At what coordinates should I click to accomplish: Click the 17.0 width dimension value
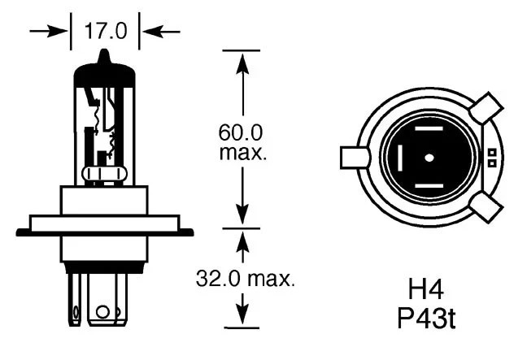tap(106, 31)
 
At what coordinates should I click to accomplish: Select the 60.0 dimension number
tap(241, 132)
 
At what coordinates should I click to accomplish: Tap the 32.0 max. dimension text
tap(246, 279)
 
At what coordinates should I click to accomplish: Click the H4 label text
tap(425, 289)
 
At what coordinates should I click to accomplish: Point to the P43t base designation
tap(426, 318)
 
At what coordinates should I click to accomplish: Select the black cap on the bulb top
tap(105, 72)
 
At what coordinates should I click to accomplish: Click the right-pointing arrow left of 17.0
tap(49, 32)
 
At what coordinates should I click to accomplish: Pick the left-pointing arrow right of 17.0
tap(161, 32)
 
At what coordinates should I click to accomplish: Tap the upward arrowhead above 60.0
tap(242, 63)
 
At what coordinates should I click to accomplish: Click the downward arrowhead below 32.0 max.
tap(242, 314)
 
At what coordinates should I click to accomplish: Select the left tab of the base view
tap(355, 157)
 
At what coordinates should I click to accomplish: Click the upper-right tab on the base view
tap(486, 108)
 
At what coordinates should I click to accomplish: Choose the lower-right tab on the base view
tap(486, 207)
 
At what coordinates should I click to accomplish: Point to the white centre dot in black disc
tap(429, 158)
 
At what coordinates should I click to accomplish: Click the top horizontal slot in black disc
tap(429, 128)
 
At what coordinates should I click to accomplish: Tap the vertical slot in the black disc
tap(400, 158)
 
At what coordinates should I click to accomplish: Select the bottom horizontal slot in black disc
tap(429, 186)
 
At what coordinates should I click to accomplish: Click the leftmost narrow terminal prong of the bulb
tap(75, 299)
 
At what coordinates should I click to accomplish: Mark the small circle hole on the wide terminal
tap(102, 312)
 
